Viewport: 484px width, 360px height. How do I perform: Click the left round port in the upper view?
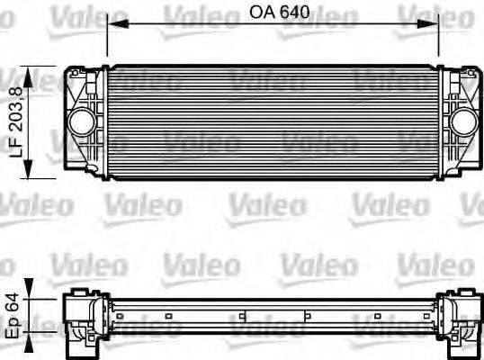[83, 119]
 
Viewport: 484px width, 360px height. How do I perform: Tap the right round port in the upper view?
[462, 119]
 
